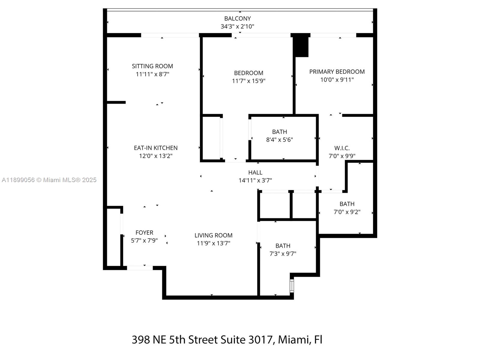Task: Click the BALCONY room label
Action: (x=237, y=19)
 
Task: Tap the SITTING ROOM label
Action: (x=152, y=66)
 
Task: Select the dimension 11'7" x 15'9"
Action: (x=249, y=81)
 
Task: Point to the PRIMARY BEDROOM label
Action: (x=337, y=72)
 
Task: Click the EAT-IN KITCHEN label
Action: (x=156, y=148)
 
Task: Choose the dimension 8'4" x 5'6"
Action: (x=279, y=140)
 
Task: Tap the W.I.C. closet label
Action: (x=342, y=148)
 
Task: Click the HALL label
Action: (x=255, y=172)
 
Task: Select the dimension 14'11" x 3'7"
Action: (x=255, y=181)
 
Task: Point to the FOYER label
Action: (x=144, y=232)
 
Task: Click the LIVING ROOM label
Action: (x=213, y=235)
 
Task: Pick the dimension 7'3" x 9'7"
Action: (x=283, y=254)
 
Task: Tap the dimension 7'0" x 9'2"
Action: (x=347, y=212)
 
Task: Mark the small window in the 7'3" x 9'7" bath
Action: (x=292, y=286)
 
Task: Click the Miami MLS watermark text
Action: (x=49, y=180)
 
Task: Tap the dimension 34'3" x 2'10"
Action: (x=237, y=26)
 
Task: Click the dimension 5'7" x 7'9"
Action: (x=144, y=241)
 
